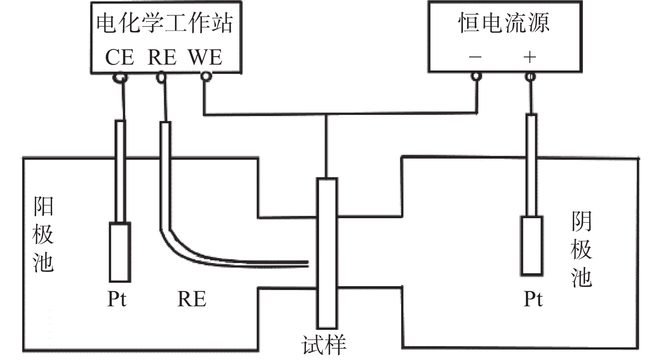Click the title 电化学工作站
165,23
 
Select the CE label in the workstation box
120,57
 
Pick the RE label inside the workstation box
162,57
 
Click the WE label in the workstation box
205,57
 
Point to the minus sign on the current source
475,57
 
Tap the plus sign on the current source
530,57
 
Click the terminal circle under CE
120,77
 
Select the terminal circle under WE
206,76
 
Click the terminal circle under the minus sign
476,76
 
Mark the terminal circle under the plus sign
530,77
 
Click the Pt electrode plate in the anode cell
120,252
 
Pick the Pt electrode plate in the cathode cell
532,245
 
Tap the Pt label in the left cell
117,299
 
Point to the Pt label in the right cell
533,299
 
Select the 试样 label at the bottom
324,345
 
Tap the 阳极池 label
43,235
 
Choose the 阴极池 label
582,250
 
